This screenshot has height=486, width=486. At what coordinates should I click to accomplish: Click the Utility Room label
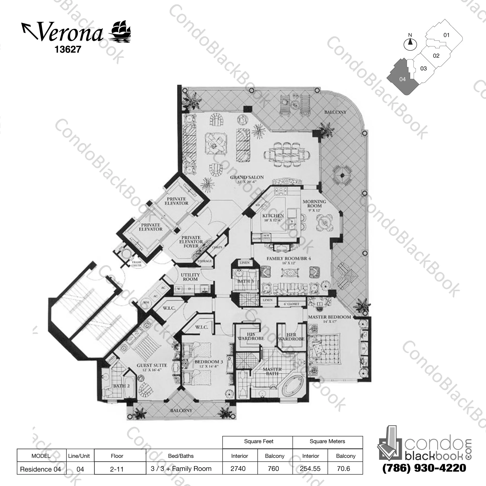click(x=190, y=277)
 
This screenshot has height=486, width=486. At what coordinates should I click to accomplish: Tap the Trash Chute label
click(x=137, y=264)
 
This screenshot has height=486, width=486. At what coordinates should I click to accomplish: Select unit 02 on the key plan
click(x=436, y=56)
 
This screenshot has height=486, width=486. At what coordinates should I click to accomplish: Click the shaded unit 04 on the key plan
click(x=402, y=79)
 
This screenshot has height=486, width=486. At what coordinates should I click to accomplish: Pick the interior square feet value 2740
click(x=238, y=469)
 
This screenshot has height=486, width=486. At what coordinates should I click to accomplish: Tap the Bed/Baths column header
click(x=181, y=456)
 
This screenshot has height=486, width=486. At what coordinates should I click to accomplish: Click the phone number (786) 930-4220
click(x=424, y=468)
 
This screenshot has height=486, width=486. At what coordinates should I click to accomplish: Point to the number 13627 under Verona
click(x=68, y=49)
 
